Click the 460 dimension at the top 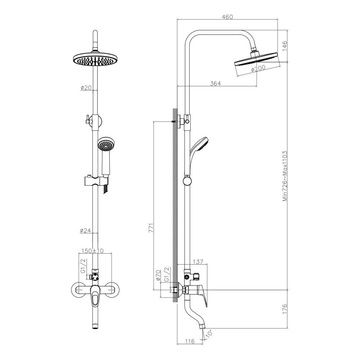[x=228, y=17]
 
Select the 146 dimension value [x=284, y=46]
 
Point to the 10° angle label [x=210, y=334]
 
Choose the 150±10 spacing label [x=93, y=251]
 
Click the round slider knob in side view [x=187, y=181]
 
